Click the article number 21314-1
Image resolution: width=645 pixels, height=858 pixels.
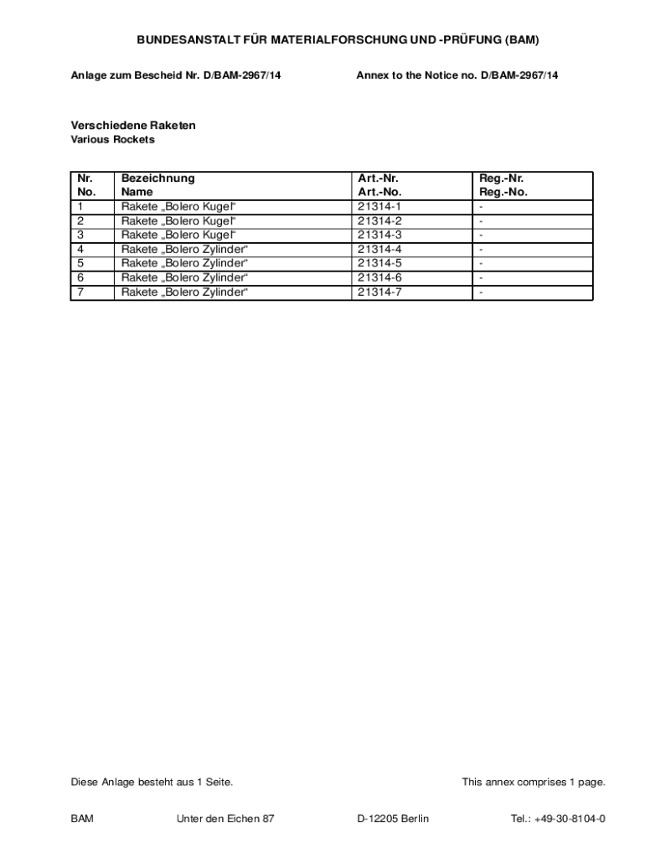click(x=379, y=206)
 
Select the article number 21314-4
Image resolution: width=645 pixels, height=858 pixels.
click(x=379, y=249)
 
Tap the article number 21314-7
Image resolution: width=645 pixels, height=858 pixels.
click(x=379, y=292)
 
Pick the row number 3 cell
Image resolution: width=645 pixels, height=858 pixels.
click(x=80, y=235)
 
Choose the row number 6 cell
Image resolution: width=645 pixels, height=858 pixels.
click(x=80, y=277)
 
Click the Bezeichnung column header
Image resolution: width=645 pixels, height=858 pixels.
click(x=157, y=178)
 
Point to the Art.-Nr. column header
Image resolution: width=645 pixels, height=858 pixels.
click(x=378, y=178)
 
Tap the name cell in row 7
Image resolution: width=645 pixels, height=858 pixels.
click(x=184, y=292)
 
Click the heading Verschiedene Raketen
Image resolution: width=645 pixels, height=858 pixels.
click(x=133, y=125)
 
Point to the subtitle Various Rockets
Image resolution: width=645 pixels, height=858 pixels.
click(x=112, y=140)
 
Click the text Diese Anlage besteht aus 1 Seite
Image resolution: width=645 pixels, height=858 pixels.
click(x=152, y=783)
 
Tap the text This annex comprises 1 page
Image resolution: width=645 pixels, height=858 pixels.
click(x=533, y=783)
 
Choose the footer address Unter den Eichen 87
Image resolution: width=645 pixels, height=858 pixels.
click(x=225, y=819)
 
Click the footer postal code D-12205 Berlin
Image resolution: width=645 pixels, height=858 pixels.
click(x=393, y=819)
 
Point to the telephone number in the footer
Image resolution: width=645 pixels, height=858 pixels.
click(x=558, y=819)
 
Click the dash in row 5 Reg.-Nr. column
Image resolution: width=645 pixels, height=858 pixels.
click(x=482, y=263)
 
